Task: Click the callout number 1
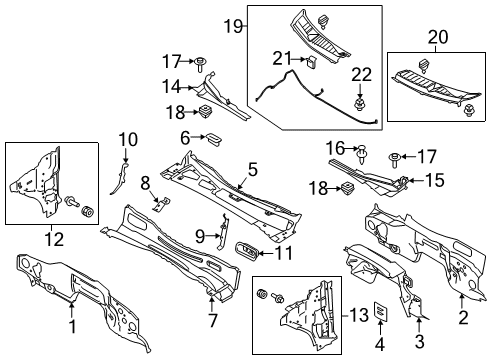coord(71,325)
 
